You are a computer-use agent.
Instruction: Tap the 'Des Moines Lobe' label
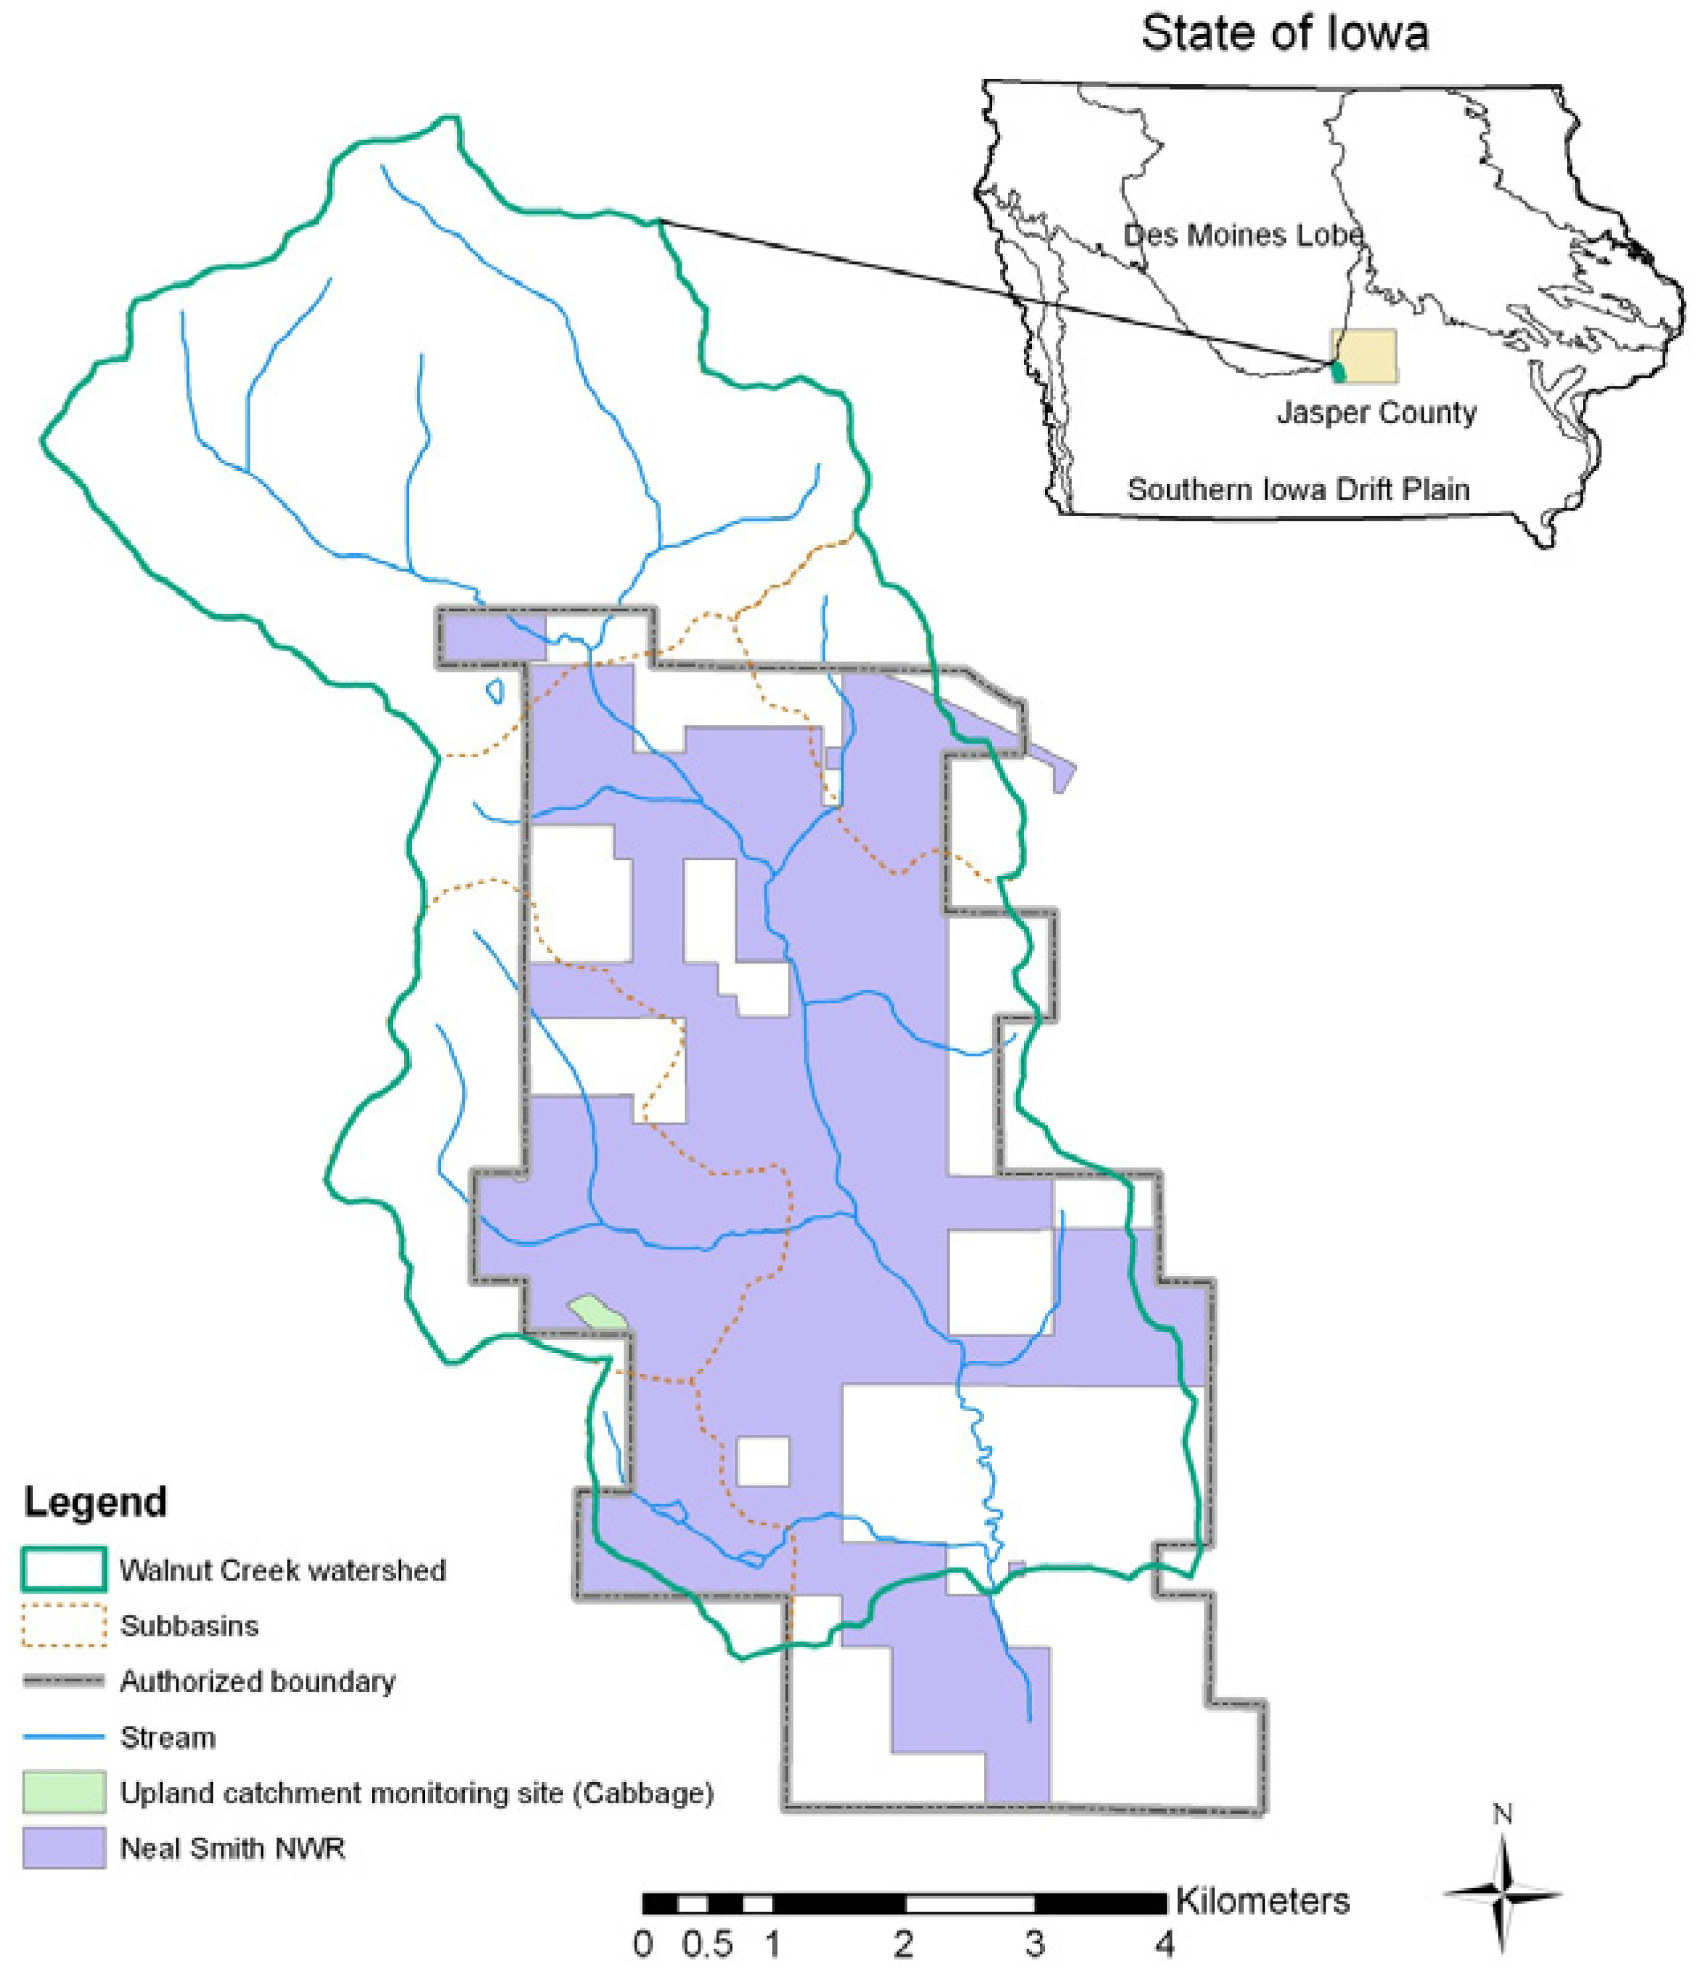pyautogui.click(x=1241, y=235)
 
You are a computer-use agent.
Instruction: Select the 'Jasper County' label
pyautogui.click(x=1376, y=413)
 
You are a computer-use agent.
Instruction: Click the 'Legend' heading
pyautogui.click(x=95, y=1501)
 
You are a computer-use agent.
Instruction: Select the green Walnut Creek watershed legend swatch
pyautogui.click(x=63, y=1569)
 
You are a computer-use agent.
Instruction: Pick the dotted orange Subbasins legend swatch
pyautogui.click(x=63, y=1625)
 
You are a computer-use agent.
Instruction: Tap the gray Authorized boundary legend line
pyautogui.click(x=63, y=1681)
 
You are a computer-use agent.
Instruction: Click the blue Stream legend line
pyautogui.click(x=63, y=1736)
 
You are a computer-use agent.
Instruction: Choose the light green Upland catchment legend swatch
pyautogui.click(x=63, y=1792)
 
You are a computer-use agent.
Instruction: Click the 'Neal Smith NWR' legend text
pyautogui.click(x=232, y=1848)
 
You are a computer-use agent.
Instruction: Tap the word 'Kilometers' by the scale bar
pyautogui.click(x=1261, y=1901)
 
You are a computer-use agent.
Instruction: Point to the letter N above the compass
pyautogui.click(x=1502, y=1815)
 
